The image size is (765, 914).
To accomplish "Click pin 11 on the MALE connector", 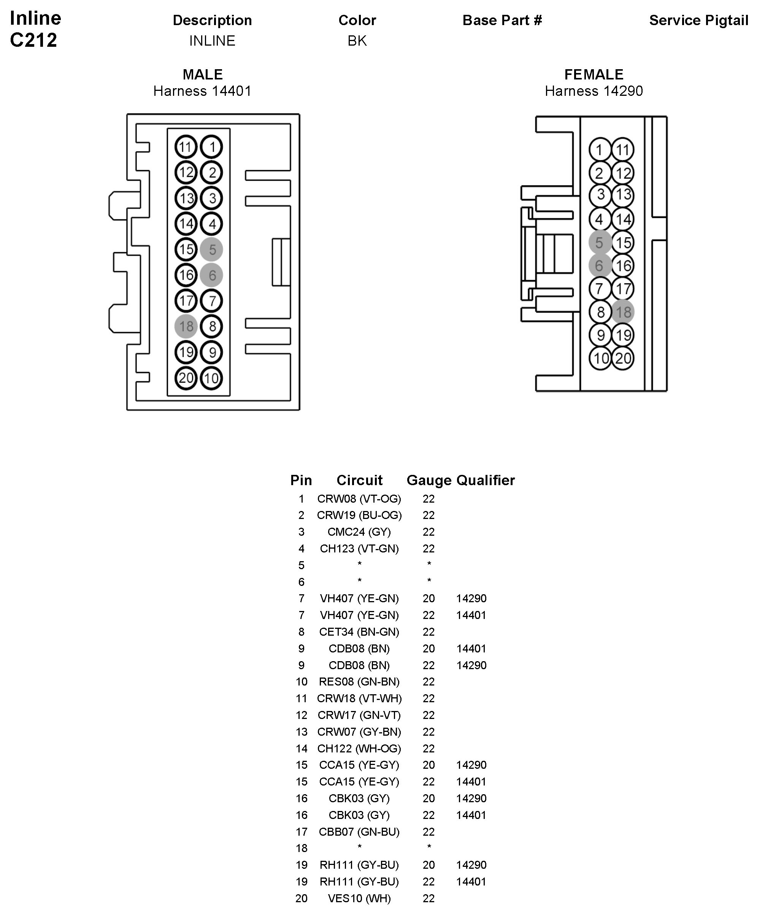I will point(186,147).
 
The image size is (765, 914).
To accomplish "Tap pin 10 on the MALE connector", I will point(211,378).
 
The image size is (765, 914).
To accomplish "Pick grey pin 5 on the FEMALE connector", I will point(600,243).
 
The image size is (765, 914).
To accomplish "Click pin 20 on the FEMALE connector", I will point(623,358).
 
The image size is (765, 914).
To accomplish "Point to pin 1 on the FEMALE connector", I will point(600,150).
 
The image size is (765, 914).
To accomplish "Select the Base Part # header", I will point(502,21).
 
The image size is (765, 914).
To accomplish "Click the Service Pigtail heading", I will point(698,21).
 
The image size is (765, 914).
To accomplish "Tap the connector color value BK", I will point(357,41).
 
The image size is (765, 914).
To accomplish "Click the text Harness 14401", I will point(202,91).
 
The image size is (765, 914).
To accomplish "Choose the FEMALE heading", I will point(594,75).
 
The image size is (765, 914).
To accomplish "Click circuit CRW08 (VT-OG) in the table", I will point(359,499).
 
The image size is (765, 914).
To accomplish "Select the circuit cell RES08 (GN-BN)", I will point(359,682).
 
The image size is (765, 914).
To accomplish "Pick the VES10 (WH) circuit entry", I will point(359,898).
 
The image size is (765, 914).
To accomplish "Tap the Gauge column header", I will point(429,480).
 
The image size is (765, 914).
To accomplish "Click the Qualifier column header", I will point(485,480).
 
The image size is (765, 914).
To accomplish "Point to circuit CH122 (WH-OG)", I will point(359,749).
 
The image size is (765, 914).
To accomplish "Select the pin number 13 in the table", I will point(302,732).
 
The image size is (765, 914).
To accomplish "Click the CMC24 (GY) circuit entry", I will point(359,532).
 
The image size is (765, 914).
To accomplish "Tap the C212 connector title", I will point(33,40).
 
